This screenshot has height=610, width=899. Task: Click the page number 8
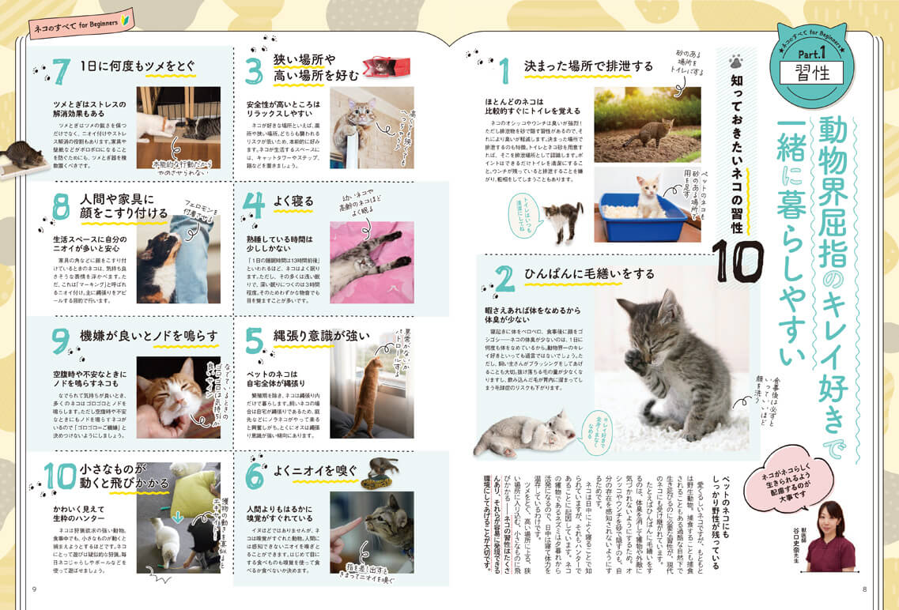pyautogui.click(x=864, y=588)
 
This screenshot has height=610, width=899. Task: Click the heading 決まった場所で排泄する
pyautogui.click(x=588, y=66)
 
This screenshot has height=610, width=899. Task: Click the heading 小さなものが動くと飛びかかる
pyautogui.click(x=127, y=475)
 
